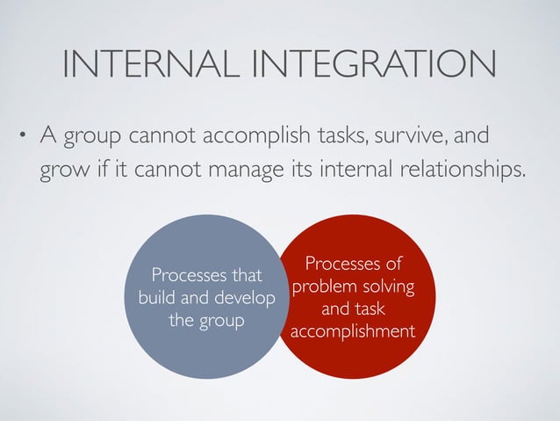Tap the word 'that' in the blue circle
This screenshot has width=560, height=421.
(x=247, y=276)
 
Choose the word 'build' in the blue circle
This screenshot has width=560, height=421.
(x=158, y=298)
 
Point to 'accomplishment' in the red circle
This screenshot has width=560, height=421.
(x=353, y=331)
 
